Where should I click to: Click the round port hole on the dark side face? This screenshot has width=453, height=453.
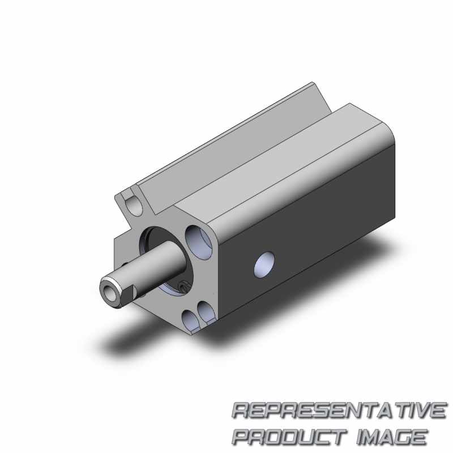[264, 265]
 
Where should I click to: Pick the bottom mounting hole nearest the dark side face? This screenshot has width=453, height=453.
[206, 312]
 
